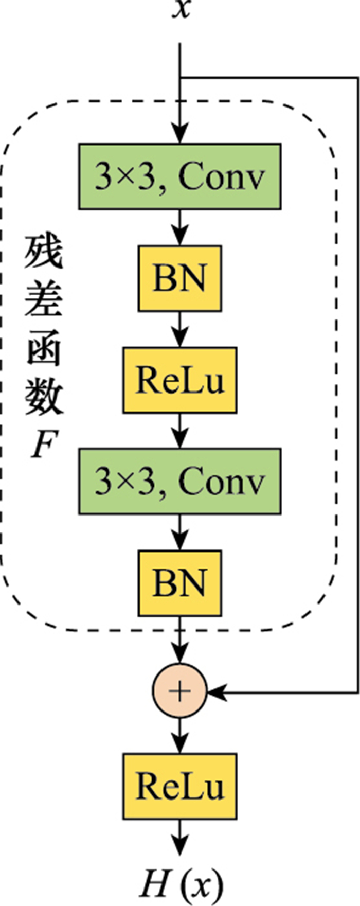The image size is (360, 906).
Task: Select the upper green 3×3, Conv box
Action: [179, 176]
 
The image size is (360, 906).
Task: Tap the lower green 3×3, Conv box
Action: [179, 481]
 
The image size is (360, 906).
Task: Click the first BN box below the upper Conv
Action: [179, 278]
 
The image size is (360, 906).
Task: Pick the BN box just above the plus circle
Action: [179, 583]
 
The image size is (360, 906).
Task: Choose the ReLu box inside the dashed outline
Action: [179, 380]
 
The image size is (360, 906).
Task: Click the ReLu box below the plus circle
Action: [179, 786]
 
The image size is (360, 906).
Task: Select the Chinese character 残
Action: [44, 252]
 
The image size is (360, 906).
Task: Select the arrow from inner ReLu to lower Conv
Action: [179, 431]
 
